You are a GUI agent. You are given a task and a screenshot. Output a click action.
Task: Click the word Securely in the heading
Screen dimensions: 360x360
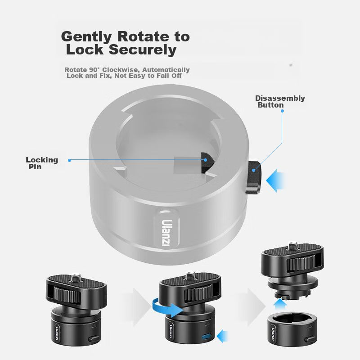tap(143, 50)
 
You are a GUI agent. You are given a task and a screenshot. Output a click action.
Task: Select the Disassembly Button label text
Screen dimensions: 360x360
tap(280, 102)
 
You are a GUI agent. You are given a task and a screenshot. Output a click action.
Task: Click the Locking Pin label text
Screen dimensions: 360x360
tap(42, 163)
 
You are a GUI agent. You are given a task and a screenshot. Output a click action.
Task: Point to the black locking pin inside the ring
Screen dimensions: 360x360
tap(207, 162)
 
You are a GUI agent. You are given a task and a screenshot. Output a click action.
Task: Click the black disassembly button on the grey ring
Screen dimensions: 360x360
tap(254, 178)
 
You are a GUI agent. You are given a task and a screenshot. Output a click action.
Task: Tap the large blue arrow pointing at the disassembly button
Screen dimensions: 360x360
tap(275, 181)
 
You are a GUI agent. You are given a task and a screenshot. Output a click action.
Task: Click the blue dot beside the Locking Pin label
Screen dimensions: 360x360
tap(70, 160)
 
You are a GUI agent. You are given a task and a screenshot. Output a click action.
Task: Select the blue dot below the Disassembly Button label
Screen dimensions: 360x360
tap(283, 111)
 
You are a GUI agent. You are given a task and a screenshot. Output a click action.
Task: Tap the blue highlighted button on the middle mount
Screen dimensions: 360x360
tap(207, 337)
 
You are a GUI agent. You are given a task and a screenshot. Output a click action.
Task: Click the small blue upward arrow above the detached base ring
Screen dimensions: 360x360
tap(280, 305)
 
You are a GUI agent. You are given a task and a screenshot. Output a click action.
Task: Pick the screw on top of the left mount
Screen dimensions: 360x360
tap(76, 278)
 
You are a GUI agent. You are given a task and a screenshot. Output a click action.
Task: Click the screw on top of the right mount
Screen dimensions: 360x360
tap(292, 245)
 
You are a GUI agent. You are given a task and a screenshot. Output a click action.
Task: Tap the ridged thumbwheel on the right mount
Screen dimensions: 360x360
tap(301, 264)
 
